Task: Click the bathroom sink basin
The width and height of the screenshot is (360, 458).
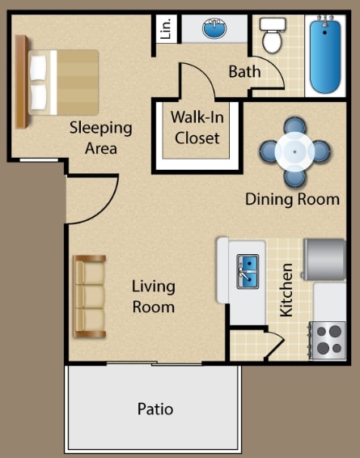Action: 214,28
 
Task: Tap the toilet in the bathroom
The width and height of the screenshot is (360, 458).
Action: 273,35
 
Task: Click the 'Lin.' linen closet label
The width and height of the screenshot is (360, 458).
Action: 166,28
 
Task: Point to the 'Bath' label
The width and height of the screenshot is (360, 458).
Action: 244,71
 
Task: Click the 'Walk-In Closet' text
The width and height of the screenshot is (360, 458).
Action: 197,127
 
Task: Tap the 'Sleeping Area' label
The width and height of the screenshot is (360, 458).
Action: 101,138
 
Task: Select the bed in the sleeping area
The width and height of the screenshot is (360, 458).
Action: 57,82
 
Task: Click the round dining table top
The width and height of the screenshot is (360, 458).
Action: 294,151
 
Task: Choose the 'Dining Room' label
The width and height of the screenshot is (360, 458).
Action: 292,200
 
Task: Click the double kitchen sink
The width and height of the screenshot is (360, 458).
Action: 248,271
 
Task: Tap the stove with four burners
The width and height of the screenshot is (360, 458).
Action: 328,340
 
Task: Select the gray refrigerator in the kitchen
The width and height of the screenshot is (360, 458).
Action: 324,260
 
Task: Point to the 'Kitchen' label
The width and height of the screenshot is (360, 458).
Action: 286,290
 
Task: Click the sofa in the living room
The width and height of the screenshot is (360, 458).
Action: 89,296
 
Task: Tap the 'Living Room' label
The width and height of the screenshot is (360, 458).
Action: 153,296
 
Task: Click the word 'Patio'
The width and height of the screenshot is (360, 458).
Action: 155,409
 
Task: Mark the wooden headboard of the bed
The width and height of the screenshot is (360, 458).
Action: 22,82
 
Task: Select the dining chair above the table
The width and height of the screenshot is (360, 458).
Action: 294,125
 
